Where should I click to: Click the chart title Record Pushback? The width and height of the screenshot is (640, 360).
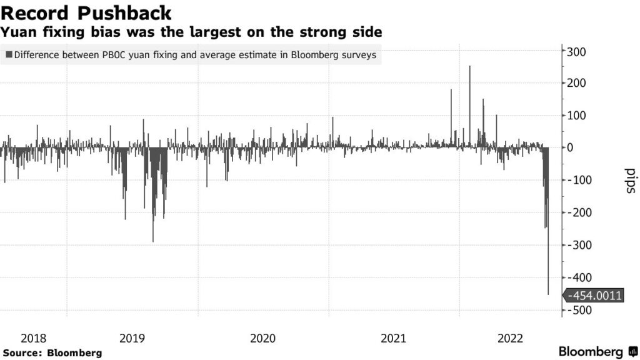[x=86, y=12]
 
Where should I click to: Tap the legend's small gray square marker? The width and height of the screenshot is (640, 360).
[x=9, y=55]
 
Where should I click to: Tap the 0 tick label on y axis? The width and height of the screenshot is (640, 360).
[x=570, y=148]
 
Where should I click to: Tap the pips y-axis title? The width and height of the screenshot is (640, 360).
[x=630, y=181]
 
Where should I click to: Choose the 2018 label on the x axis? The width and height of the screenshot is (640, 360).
[x=34, y=339]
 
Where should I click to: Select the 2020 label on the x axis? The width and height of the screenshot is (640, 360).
[x=262, y=339]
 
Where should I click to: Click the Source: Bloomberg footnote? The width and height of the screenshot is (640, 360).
[x=52, y=353]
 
